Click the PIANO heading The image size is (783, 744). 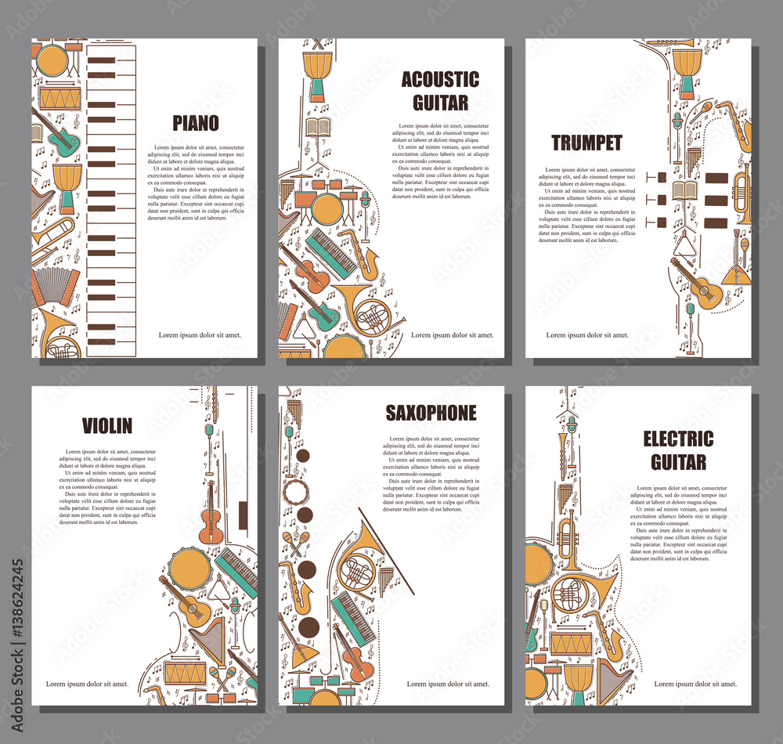196,123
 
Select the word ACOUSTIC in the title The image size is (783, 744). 440,79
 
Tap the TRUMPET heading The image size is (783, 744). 586,143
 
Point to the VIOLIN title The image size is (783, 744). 107,426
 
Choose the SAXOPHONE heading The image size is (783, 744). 431,413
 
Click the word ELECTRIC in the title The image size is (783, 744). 678,439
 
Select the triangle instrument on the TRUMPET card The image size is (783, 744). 686,244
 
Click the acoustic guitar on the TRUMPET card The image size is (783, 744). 696,284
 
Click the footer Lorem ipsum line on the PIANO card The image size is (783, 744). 200,334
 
